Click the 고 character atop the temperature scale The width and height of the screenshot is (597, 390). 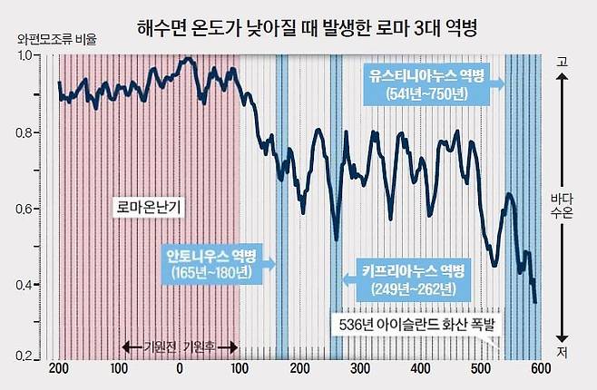click(563, 61)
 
